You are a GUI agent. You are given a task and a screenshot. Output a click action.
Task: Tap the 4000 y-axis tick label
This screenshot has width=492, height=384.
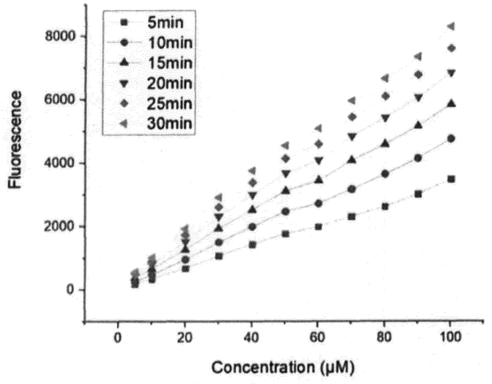click(60, 163)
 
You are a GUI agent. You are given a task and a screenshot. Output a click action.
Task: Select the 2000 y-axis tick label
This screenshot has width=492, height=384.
click(60, 227)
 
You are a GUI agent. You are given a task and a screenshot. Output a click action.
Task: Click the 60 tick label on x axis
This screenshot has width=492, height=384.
click(318, 337)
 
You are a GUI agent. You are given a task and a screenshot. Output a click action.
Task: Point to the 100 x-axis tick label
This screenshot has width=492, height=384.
click(451, 337)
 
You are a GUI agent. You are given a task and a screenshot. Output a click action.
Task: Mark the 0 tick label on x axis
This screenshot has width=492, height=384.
click(118, 337)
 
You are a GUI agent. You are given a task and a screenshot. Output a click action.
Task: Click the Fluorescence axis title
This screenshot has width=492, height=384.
click(15, 140)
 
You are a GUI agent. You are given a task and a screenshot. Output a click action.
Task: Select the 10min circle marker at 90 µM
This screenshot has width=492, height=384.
click(418, 158)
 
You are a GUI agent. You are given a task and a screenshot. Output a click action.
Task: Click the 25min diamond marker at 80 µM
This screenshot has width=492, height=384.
click(385, 96)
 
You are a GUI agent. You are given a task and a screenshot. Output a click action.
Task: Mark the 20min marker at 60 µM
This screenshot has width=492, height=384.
click(319, 160)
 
